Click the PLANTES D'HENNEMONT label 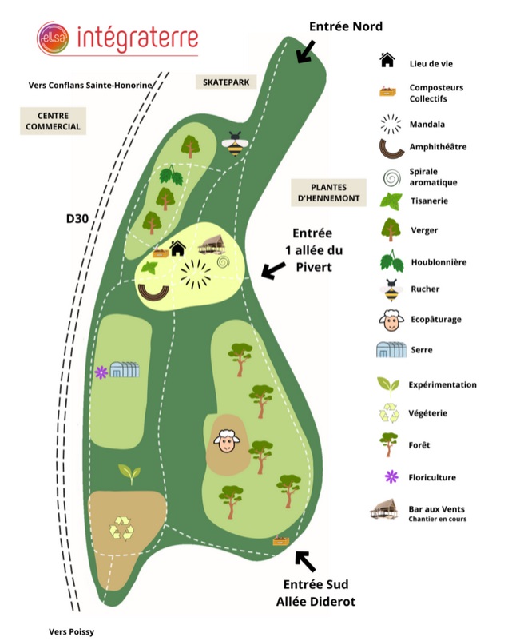click(x=327, y=192)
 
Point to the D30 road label click(x=77, y=217)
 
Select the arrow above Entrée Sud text click(x=304, y=559)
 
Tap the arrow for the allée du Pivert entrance click(x=273, y=271)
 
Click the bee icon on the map click(x=235, y=143)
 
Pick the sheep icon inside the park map click(x=226, y=440)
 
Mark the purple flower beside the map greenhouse click(x=101, y=372)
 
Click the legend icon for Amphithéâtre click(x=389, y=148)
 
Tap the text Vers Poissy click(x=72, y=631)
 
